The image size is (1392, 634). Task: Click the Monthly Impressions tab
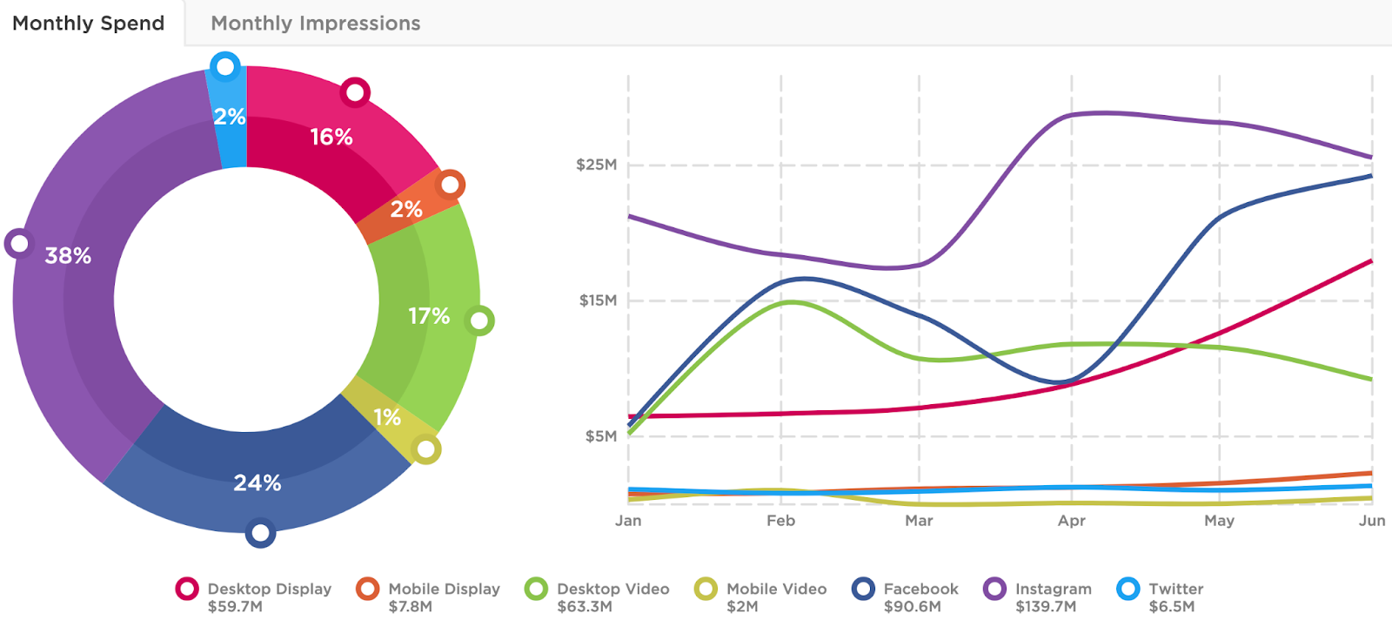coord(315,24)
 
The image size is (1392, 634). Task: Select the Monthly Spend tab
coord(88,24)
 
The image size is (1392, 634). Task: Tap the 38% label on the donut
coord(68,255)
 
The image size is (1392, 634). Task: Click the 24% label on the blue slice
coord(257,482)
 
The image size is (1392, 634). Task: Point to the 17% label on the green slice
coord(429,315)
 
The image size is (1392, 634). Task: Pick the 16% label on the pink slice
coord(331,137)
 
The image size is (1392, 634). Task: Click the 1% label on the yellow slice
coord(387,417)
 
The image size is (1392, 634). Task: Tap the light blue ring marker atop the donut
coord(225,66)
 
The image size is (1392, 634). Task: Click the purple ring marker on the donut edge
coord(18,243)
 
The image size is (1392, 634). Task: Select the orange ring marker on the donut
coord(450,185)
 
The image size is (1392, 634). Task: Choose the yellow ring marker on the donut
coord(425,449)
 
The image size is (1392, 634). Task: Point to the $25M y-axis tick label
coord(596,165)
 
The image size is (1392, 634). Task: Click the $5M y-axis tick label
coord(600,436)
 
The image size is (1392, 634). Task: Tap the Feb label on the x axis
coord(780,521)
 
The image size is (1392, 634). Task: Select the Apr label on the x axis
coord(1071,521)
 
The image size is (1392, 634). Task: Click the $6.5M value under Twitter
coord(1171,607)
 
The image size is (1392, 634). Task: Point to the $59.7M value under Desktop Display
coord(235,607)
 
